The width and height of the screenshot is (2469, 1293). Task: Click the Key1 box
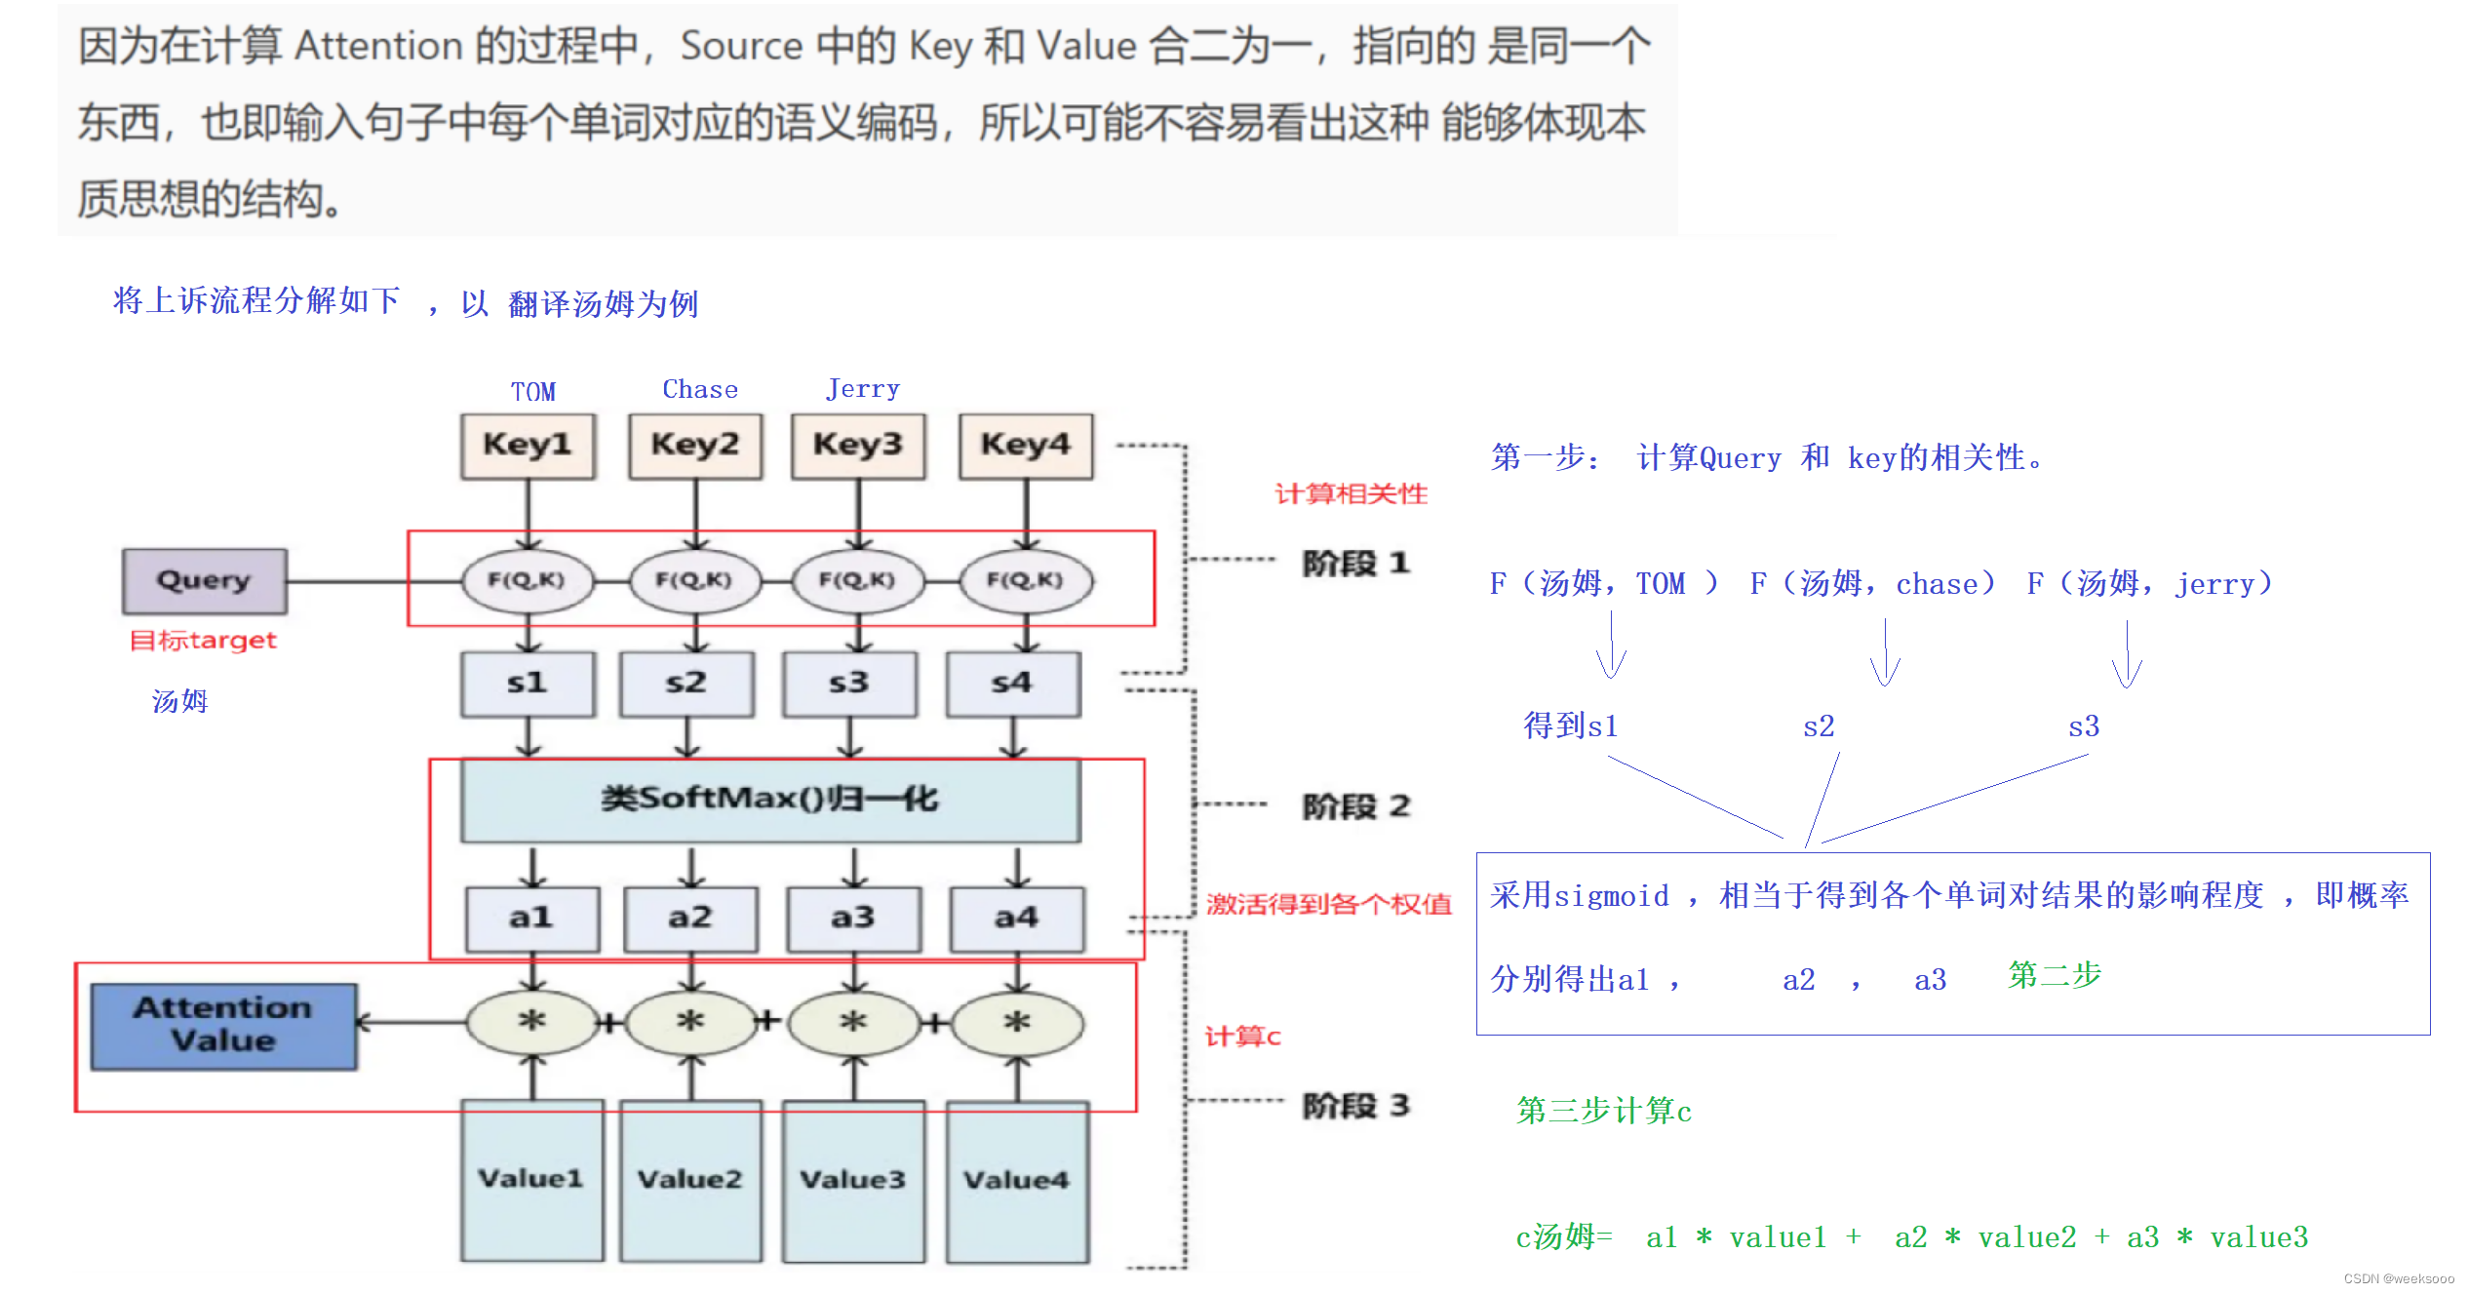[x=528, y=446]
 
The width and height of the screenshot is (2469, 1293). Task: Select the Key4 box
[x=1026, y=446]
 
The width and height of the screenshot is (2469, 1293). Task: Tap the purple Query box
[x=205, y=581]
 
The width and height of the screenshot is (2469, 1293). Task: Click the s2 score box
[x=686, y=684]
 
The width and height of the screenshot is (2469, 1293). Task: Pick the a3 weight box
[x=853, y=919]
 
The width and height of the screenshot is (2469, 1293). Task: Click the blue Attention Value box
[x=223, y=1026]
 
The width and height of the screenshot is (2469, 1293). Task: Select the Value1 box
[x=531, y=1180]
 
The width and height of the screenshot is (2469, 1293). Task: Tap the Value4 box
[x=1017, y=1180]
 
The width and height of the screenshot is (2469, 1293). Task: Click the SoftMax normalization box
[x=770, y=800]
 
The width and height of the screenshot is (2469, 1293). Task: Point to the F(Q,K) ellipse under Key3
[x=857, y=581]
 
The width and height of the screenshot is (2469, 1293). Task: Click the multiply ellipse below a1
[x=531, y=1023]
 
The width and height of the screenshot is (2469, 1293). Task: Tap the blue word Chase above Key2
[x=700, y=390]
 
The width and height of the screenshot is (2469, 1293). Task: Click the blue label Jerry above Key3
[x=863, y=389]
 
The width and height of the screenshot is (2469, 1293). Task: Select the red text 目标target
[x=204, y=641]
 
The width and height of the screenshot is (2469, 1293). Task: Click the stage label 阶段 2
[x=1356, y=806]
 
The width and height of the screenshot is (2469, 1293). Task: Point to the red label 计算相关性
[x=1351, y=494]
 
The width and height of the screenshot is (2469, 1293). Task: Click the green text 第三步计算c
[x=1604, y=1111]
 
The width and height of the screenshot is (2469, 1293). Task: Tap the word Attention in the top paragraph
[x=378, y=46]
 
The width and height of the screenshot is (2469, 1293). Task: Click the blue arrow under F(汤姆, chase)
[x=1885, y=653]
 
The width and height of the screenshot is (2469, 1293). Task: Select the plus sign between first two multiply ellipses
[x=609, y=1023]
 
